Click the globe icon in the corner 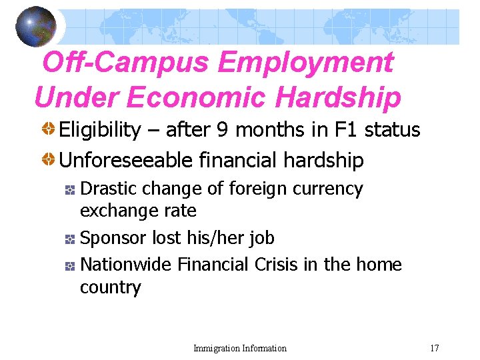pyautogui.click(x=36, y=27)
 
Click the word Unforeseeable pyautogui.click(x=126, y=161)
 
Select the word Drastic pyautogui.click(x=105, y=189)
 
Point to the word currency pyautogui.click(x=333, y=189)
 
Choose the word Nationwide pyautogui.click(x=126, y=265)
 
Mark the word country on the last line pyautogui.click(x=110, y=287)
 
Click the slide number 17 pyautogui.click(x=435, y=348)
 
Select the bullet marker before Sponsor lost pyautogui.click(x=69, y=239)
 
